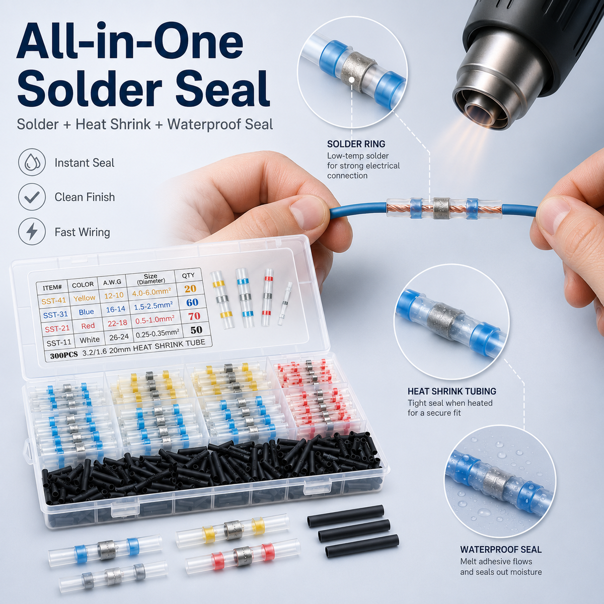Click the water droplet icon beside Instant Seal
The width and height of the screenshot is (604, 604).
coord(32,163)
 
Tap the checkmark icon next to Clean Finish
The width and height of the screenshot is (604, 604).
coord(32,197)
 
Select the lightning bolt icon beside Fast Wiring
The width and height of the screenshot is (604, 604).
coord(32,232)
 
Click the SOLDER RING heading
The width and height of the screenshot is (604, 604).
coord(356,144)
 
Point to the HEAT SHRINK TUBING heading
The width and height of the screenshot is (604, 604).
coord(451,391)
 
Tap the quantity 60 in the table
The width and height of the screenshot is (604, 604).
coord(192,302)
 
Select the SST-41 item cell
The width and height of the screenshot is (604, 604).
coord(54,301)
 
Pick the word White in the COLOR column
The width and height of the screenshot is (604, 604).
coord(90,340)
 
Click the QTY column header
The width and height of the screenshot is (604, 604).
coord(188,275)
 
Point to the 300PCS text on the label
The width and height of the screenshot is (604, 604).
coord(63,355)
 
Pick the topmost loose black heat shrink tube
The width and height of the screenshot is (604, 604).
coord(345,512)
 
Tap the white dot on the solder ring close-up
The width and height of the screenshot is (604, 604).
coord(352,80)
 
